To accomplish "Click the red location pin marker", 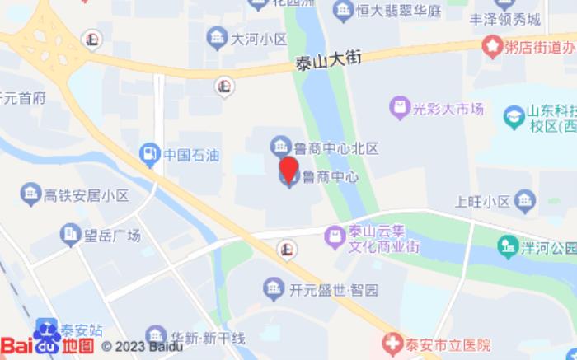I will (x=288, y=168).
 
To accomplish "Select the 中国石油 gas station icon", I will (x=149, y=152).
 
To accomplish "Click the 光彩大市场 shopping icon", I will (x=399, y=108).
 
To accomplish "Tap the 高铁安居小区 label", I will (x=87, y=195).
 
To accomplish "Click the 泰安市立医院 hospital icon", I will (x=393, y=344).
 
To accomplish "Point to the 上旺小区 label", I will (x=482, y=201).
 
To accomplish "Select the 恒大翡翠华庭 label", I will (x=399, y=12).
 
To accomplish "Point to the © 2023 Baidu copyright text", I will (x=142, y=346).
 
